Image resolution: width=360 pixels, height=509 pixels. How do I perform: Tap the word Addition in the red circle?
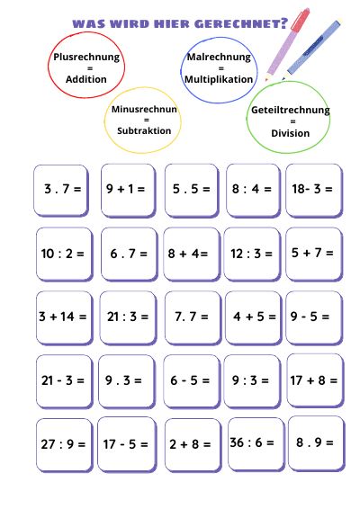86,79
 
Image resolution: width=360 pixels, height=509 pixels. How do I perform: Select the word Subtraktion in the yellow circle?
144,130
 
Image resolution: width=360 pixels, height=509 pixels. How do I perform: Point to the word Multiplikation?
219,79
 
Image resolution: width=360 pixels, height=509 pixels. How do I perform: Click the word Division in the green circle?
290,133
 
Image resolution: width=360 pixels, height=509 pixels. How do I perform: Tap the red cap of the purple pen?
300,20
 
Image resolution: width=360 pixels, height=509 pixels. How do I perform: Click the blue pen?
311,49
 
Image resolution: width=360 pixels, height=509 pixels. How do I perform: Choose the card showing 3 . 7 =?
61,191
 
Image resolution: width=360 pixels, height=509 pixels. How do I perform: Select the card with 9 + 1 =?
128,191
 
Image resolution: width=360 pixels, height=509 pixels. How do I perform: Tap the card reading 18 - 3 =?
314,191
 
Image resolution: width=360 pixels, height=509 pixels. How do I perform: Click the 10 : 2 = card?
64,254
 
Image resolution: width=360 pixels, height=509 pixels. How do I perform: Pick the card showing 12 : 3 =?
252,254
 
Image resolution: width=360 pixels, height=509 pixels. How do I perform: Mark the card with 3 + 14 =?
64,317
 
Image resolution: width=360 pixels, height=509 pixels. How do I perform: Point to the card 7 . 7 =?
193,317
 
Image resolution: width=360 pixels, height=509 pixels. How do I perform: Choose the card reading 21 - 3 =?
64,381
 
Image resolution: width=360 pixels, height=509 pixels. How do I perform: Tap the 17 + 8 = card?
315,380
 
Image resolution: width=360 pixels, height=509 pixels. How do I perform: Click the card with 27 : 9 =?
64,445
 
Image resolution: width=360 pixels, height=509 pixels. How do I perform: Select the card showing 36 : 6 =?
256,444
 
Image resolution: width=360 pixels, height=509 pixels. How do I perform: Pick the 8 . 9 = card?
316,443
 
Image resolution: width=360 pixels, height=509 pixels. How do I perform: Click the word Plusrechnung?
86,58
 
